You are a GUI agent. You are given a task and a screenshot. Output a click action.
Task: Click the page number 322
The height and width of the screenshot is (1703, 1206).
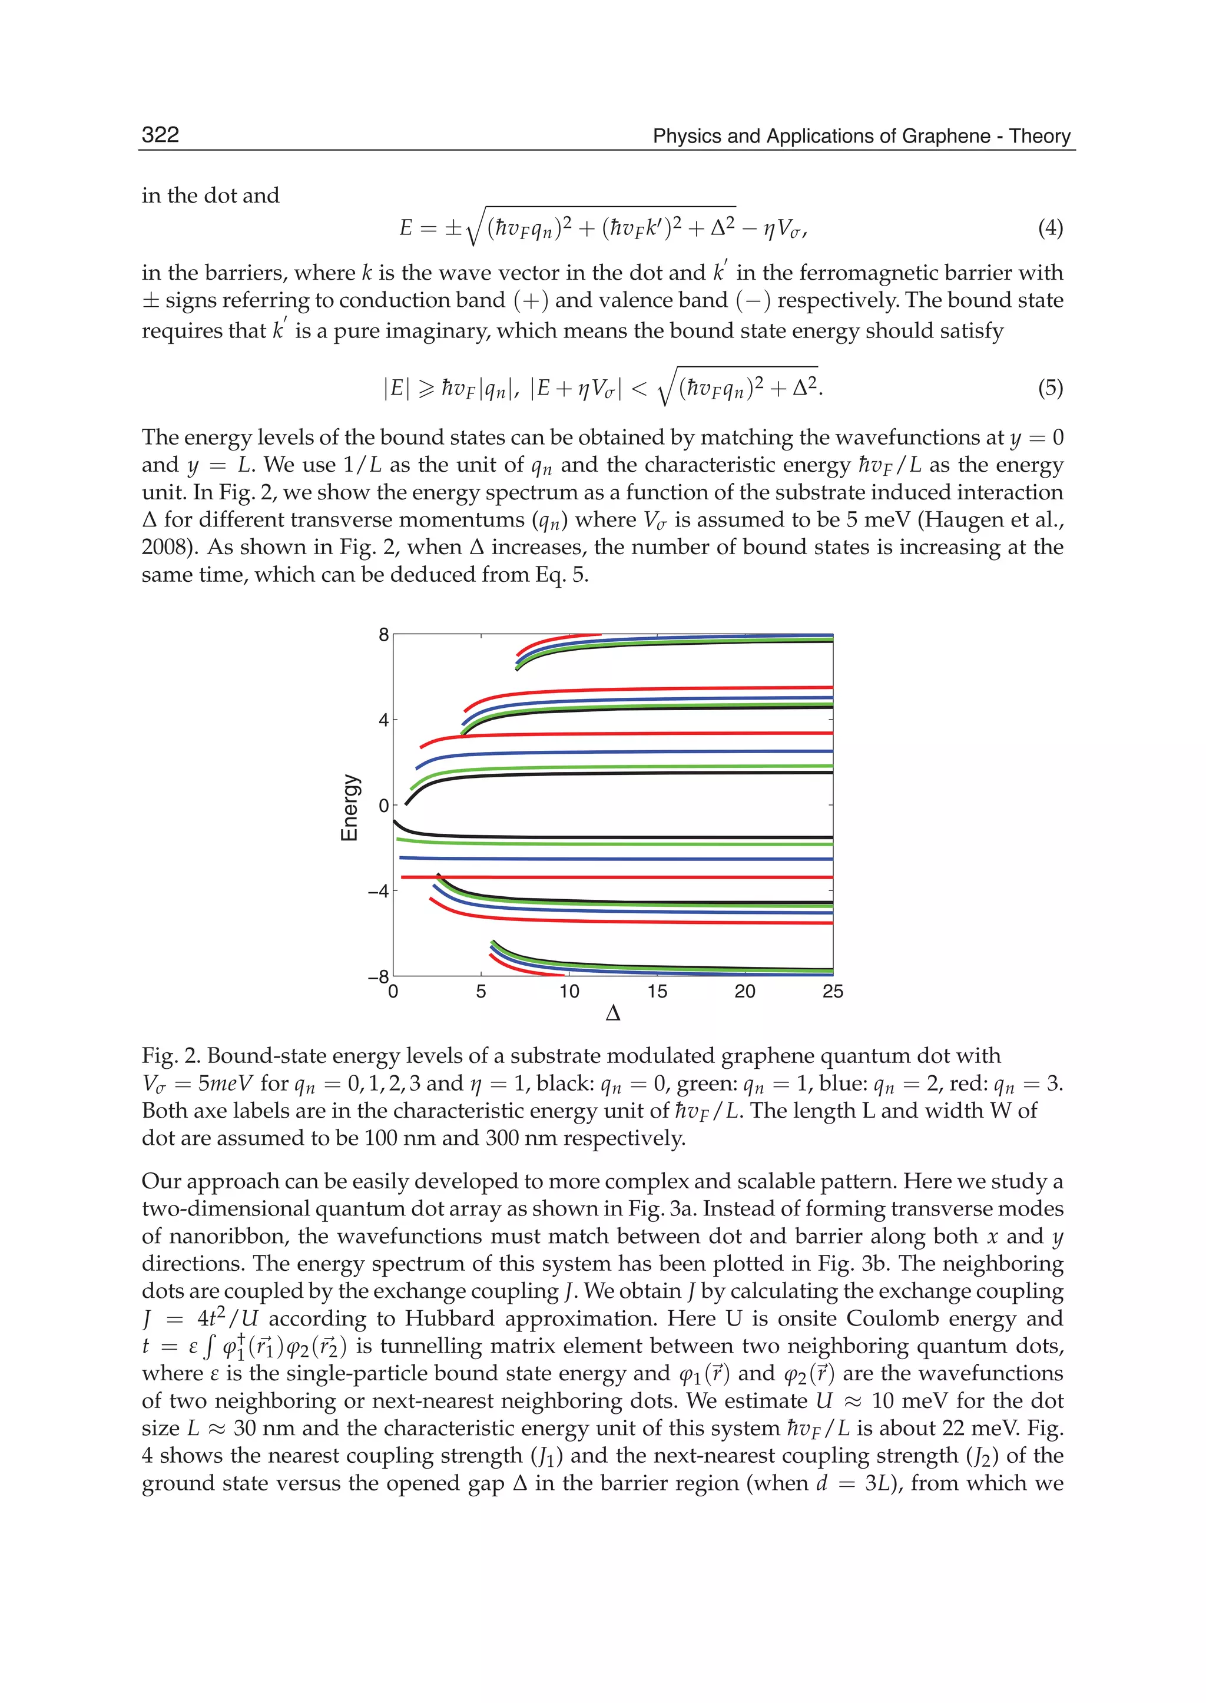(x=160, y=134)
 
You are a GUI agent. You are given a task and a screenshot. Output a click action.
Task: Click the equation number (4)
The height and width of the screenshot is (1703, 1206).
(x=1050, y=227)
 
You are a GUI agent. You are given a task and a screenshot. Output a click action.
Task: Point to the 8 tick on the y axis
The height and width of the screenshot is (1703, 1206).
(x=383, y=634)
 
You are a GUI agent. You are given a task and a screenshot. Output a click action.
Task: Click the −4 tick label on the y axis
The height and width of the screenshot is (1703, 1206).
(x=378, y=891)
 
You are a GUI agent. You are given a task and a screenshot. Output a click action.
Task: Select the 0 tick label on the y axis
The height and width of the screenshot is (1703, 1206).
(x=383, y=806)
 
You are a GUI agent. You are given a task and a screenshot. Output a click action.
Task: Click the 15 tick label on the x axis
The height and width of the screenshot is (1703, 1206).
(x=657, y=992)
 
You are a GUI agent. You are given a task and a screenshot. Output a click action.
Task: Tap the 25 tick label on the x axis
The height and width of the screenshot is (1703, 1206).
(x=833, y=992)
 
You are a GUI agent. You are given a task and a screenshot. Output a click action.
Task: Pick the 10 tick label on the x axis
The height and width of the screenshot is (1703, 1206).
(x=569, y=992)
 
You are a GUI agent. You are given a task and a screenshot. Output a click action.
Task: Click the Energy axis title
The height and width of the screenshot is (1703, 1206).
(x=349, y=807)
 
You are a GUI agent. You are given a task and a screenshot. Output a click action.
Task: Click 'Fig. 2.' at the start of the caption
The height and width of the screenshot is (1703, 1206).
(x=170, y=1055)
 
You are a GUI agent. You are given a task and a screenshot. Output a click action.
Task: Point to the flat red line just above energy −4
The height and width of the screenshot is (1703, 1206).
(x=594, y=877)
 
